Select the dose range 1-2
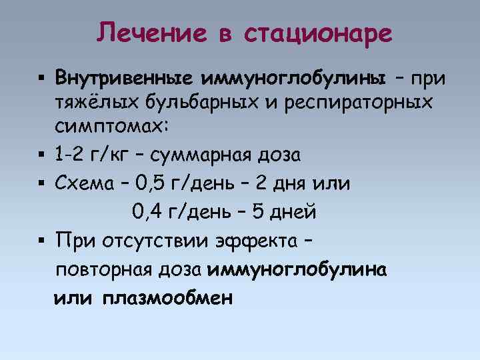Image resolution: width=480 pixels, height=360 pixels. [70, 155]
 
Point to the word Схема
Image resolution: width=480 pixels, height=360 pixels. [83, 183]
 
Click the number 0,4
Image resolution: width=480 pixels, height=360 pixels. [147, 212]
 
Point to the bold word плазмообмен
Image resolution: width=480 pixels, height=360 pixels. [168, 299]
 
